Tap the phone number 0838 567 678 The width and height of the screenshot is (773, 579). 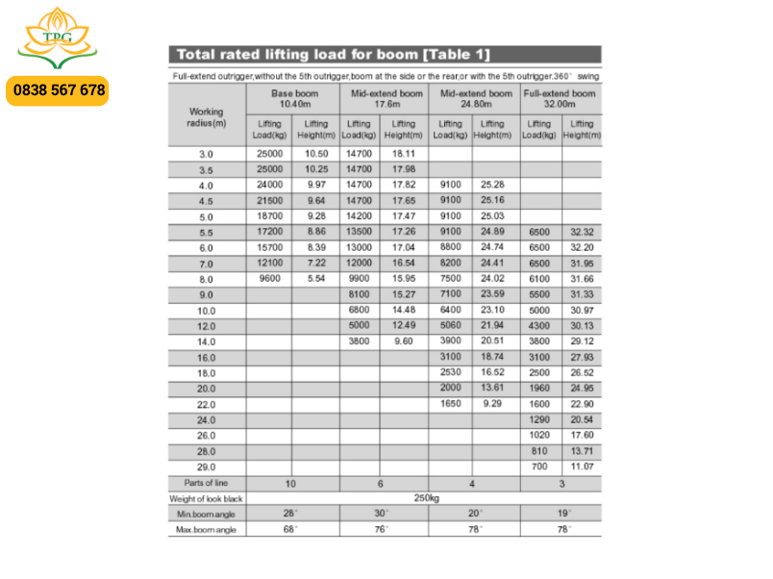(x=59, y=90)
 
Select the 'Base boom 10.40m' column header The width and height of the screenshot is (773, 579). (x=292, y=98)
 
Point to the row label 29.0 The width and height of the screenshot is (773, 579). (x=207, y=466)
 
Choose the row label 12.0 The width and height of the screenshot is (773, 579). (x=207, y=326)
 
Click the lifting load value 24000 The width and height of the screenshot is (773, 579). (x=270, y=185)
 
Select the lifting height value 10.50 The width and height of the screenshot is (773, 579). (x=316, y=154)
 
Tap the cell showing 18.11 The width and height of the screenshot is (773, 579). (x=404, y=154)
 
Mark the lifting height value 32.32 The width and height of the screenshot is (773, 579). (x=582, y=233)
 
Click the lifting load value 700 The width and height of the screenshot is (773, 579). (x=540, y=466)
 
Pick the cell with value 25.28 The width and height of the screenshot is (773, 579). (x=492, y=185)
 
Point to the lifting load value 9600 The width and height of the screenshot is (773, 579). (x=270, y=279)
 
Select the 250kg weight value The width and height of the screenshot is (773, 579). (x=426, y=498)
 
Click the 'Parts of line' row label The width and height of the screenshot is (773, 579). (x=207, y=483)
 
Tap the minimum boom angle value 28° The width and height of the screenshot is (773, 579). (x=289, y=514)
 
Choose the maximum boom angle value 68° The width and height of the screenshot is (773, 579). (x=289, y=529)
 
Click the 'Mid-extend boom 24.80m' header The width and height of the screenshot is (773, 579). (x=476, y=98)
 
